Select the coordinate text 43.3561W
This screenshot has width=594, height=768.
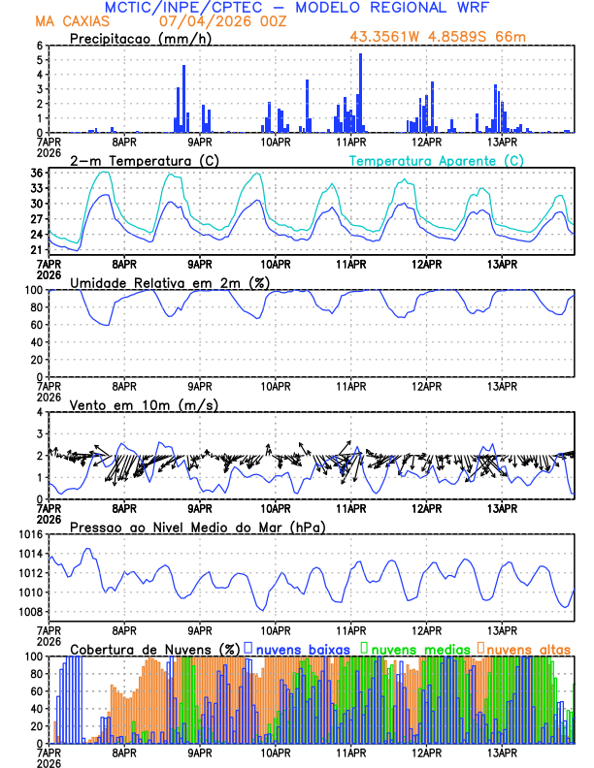tap(388, 38)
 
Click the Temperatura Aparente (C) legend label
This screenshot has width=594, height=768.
tap(437, 160)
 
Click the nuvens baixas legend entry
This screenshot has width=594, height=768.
tap(304, 648)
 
